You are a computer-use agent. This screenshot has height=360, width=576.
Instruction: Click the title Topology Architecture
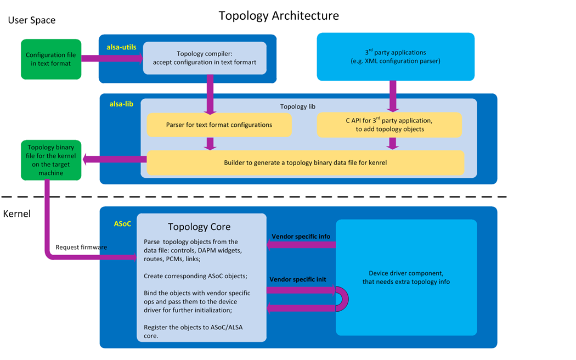279,15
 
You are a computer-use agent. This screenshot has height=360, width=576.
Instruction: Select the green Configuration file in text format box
51,59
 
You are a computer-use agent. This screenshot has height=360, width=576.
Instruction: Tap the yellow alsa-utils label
121,47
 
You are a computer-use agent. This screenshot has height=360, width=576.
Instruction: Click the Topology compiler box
205,58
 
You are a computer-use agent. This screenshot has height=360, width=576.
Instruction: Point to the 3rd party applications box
396,57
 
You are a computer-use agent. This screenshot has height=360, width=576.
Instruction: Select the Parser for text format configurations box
219,125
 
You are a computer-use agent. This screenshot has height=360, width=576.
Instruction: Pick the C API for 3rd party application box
389,125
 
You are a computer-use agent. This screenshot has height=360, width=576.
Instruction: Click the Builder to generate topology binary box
306,163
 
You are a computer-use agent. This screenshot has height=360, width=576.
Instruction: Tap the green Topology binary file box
51,160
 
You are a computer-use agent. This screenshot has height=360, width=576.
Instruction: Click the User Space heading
31,20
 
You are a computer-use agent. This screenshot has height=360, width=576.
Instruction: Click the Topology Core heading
199,227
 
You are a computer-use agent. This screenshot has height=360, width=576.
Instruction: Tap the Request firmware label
81,248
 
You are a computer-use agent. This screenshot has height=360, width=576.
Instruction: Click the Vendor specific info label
301,237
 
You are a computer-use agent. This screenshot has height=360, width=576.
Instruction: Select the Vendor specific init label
298,280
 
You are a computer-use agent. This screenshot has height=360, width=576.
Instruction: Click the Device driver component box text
406,277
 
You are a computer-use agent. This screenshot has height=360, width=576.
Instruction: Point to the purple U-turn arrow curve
343,300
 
